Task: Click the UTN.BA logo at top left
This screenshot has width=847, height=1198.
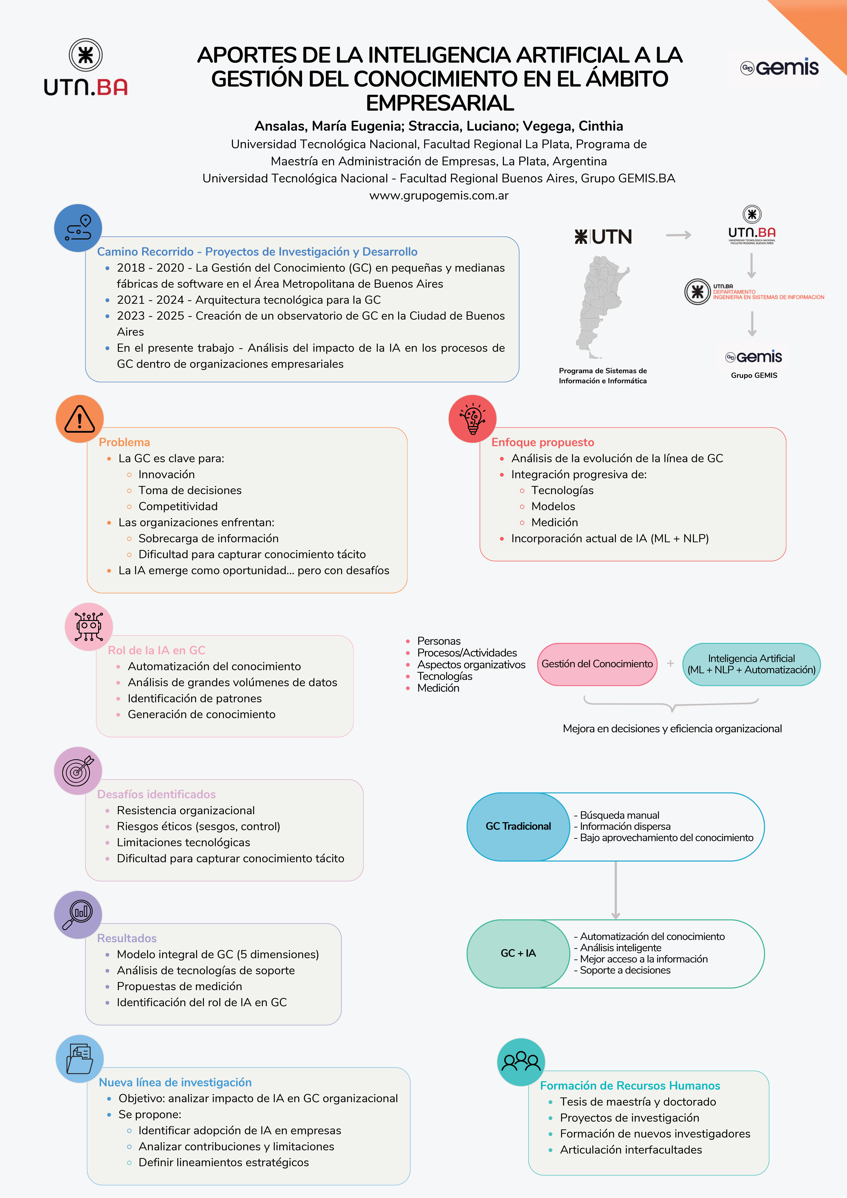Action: coord(86,68)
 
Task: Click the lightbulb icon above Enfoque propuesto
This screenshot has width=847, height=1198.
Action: coord(472,419)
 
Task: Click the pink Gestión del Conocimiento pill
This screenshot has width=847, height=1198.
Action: coord(597,664)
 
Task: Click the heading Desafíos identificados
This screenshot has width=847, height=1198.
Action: coord(157,794)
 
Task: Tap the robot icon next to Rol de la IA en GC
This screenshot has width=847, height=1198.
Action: coord(89,626)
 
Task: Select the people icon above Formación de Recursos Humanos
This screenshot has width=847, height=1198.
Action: coord(521,1062)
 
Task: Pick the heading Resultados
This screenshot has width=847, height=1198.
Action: coord(127,938)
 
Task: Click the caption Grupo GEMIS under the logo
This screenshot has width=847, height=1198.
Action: coord(754,375)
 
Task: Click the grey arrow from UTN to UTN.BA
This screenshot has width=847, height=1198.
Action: coord(678,235)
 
